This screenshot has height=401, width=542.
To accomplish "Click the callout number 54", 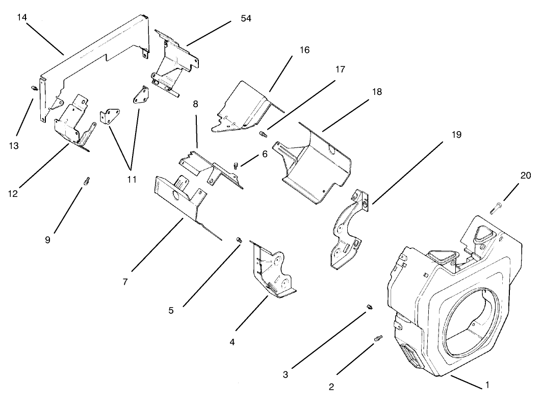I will (x=246, y=19).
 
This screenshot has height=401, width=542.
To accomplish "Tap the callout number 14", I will (x=21, y=17).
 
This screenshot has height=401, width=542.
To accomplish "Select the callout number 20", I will (x=525, y=176).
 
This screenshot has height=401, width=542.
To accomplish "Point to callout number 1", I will (x=487, y=386).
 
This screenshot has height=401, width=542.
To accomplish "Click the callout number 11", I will (x=132, y=179).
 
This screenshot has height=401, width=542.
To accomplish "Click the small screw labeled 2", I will (x=378, y=338).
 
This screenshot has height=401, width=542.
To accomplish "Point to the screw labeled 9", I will (x=86, y=181).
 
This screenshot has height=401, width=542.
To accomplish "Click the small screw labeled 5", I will (x=238, y=239).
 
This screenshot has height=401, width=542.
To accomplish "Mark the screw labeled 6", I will (x=237, y=165).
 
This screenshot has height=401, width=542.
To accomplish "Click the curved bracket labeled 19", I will (x=348, y=230).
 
